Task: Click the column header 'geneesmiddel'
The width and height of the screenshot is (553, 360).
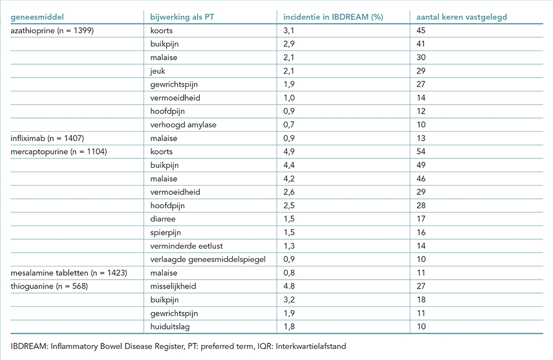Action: pos(37,17)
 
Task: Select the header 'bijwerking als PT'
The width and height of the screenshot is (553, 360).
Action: pos(182,17)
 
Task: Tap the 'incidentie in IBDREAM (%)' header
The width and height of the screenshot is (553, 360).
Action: pos(333,17)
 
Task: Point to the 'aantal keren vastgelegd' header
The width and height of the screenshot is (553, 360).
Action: pos(461,17)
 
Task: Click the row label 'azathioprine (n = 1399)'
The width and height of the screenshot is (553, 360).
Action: pos(52,30)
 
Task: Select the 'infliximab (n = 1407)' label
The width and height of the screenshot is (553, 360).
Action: pos(47,138)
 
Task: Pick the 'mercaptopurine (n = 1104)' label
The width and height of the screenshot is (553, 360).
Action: pos(59,152)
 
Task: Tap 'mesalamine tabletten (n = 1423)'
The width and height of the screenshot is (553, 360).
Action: pos(69,273)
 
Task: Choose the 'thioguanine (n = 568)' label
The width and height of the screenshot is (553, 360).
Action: pos(49,286)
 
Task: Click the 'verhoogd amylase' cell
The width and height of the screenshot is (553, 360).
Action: pos(183,125)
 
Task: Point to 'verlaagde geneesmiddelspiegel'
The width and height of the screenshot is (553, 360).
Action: pos(208,259)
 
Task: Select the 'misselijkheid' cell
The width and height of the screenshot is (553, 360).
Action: pos(173,286)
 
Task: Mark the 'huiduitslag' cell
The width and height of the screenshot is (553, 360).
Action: pos(169,327)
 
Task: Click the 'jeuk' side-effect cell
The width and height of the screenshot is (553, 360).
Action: pos(157,71)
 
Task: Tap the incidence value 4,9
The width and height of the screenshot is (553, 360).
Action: pos(289,152)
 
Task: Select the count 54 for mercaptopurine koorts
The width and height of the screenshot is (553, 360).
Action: pos(421,152)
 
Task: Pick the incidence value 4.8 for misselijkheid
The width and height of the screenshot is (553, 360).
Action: pos(289,286)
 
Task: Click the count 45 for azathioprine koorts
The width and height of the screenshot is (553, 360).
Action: pos(421,30)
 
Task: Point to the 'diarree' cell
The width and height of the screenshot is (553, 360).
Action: pos(163,219)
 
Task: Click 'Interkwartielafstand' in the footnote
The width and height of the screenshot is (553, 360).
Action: pos(311,346)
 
